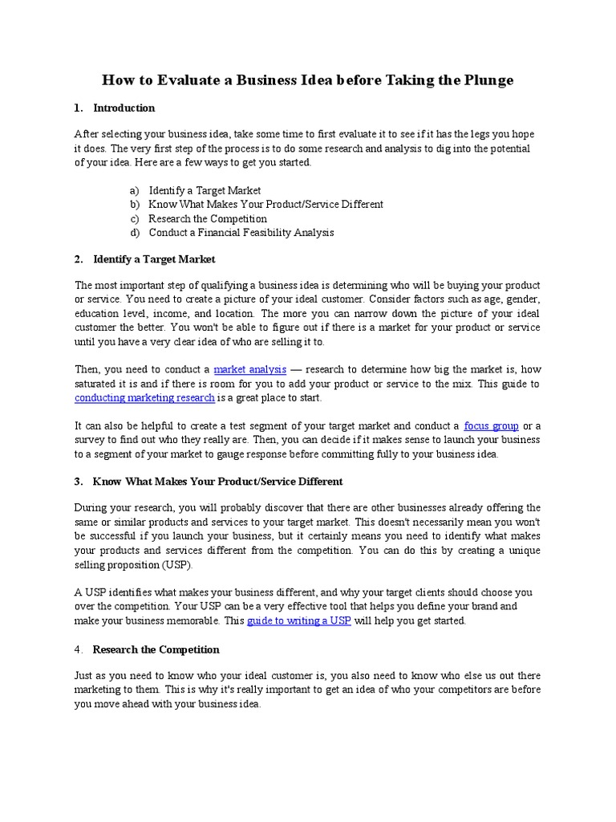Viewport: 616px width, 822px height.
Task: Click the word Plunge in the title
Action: click(x=484, y=80)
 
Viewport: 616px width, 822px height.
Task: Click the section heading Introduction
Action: click(x=124, y=108)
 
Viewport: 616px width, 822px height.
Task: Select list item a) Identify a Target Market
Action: click(x=205, y=190)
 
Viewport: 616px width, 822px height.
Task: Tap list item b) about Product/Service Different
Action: click(x=265, y=205)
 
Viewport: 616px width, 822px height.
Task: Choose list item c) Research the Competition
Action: click(x=208, y=218)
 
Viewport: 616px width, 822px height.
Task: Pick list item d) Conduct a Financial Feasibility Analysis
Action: click(x=241, y=233)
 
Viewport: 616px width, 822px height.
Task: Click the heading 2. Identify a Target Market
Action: click(x=154, y=259)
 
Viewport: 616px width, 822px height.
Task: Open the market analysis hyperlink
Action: click(x=249, y=369)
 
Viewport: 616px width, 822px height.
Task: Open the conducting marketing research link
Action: click(x=144, y=397)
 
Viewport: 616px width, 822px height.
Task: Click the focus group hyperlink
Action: click(x=491, y=425)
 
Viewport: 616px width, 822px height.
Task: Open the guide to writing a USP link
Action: click(x=298, y=621)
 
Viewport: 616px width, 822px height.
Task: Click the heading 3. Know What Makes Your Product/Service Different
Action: click(x=217, y=482)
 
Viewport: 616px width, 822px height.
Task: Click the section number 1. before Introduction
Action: click(x=78, y=108)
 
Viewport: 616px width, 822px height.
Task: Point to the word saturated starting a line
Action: click(x=98, y=384)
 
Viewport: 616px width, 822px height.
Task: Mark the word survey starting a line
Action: click(x=91, y=440)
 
